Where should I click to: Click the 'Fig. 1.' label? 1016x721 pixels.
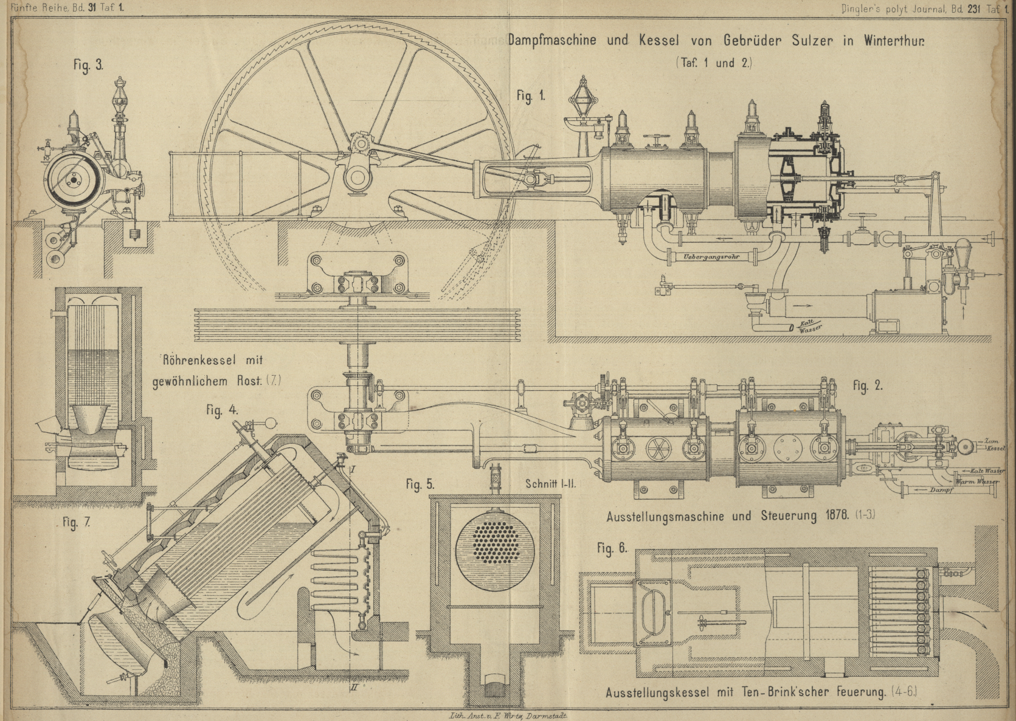pos(531,96)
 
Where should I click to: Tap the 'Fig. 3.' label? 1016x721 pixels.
pos(89,66)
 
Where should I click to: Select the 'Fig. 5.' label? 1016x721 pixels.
pos(420,485)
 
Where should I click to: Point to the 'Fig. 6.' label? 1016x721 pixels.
pos(611,548)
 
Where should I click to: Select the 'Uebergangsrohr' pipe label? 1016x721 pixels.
pos(710,258)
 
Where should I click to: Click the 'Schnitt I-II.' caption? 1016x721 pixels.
pos(551,484)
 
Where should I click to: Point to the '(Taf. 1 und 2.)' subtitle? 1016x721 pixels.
pos(713,63)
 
